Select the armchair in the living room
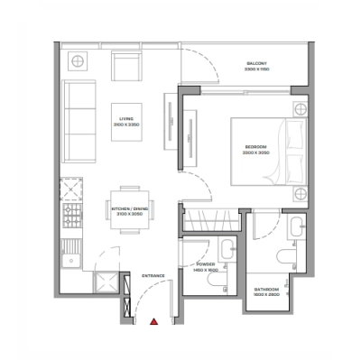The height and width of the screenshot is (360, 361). click(x=125, y=65)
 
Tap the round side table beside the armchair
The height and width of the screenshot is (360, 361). click(x=78, y=61)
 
